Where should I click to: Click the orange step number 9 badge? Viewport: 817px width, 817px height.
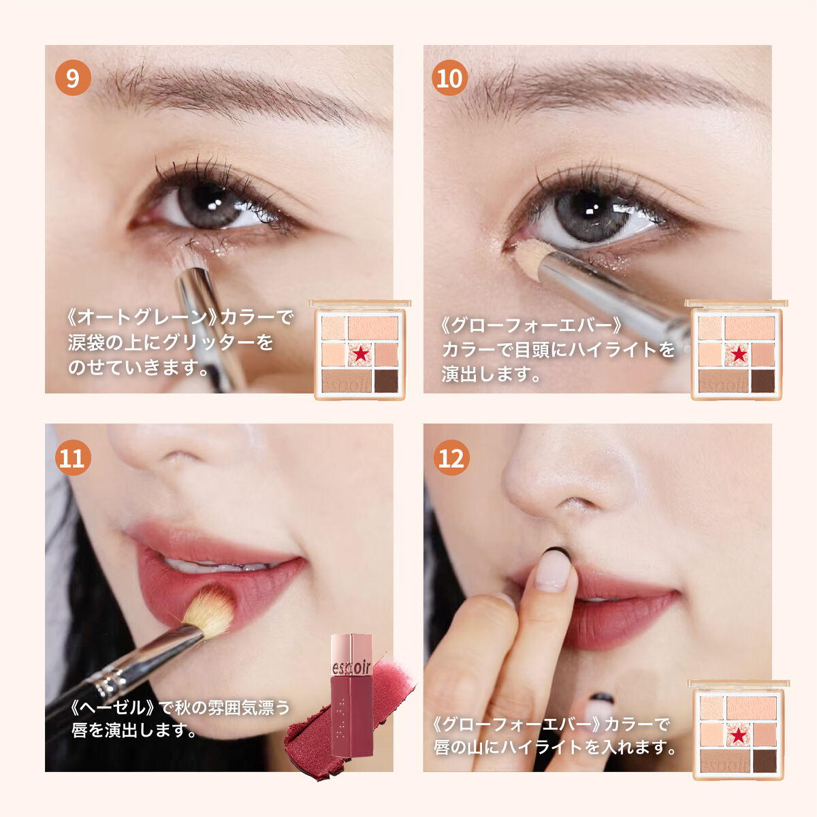click(73, 78)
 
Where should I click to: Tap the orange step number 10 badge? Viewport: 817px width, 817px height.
click(450, 78)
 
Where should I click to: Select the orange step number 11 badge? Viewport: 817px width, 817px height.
click(73, 458)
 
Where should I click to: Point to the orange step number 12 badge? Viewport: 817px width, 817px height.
click(451, 458)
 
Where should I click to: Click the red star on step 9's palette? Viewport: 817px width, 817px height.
click(360, 353)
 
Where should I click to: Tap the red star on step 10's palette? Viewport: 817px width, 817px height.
click(739, 353)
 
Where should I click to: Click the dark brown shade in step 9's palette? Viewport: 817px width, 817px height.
click(386, 381)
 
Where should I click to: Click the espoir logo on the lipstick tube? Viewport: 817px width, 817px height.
click(351, 668)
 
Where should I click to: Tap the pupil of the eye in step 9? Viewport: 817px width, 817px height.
click(209, 205)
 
